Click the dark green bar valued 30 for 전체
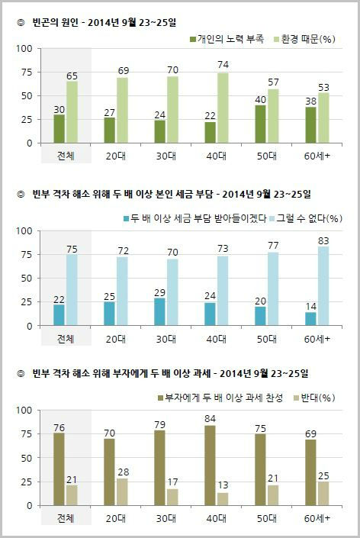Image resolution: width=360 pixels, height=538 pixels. pos(59,128)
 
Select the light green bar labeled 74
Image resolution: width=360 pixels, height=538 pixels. pos(223,108)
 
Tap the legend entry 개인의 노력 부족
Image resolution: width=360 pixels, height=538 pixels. pos(227,37)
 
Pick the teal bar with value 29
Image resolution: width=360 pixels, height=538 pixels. pos(159,311)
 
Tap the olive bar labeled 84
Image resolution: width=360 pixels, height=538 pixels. pos(211,466)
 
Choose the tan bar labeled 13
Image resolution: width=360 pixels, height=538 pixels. pos(223,498)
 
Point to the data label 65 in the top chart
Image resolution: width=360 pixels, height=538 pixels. pos(72,76)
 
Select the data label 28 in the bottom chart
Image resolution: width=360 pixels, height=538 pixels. pos(122,473)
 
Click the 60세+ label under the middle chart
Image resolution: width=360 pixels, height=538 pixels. pos(317,337)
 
